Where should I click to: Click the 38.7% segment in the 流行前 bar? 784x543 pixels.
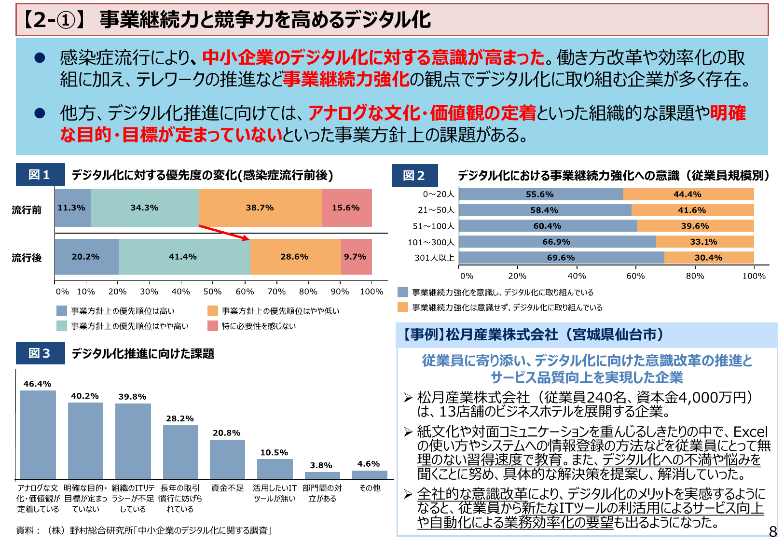(x=260, y=208)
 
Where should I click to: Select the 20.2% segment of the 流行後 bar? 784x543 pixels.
(x=86, y=257)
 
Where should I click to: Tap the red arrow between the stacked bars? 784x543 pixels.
(x=224, y=232)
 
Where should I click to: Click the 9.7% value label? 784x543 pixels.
(x=355, y=257)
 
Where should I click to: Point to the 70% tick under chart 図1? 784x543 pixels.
(x=276, y=292)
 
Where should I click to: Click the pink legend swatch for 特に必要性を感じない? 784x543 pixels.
(x=213, y=326)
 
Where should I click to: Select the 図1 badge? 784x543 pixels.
(x=40, y=175)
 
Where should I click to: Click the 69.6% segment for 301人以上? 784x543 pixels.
(x=561, y=258)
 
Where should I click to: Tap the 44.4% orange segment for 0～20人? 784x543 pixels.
(x=688, y=195)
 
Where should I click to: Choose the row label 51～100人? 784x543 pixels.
(x=433, y=226)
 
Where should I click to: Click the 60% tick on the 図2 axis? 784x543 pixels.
(x=635, y=276)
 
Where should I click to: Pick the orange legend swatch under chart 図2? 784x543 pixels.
(x=403, y=307)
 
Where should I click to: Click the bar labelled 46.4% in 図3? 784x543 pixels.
(x=38, y=434)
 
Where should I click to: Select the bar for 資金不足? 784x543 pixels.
(x=227, y=459)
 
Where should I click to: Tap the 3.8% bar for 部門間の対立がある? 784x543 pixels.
(x=322, y=475)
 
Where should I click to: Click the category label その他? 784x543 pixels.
(x=370, y=488)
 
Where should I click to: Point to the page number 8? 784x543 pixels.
(x=772, y=531)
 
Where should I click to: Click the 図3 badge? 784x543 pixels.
(x=40, y=353)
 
